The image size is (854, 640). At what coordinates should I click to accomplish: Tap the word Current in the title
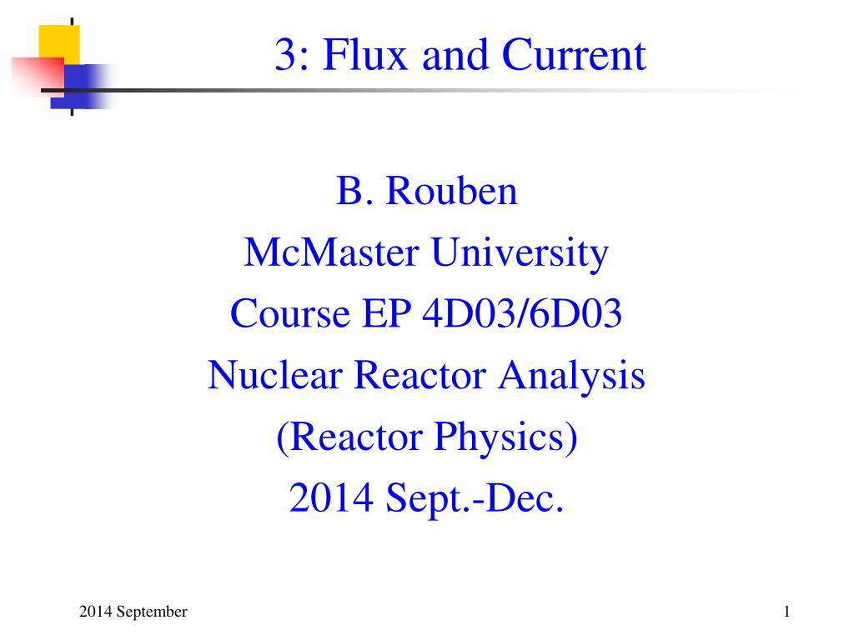coord(574,54)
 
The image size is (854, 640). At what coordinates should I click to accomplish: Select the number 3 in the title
coord(286,54)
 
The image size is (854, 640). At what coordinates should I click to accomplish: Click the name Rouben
coord(451,191)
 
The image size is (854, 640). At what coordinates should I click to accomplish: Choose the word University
coord(520,253)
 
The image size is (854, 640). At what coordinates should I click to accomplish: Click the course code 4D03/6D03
coord(522,313)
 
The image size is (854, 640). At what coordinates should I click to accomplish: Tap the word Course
coord(289,313)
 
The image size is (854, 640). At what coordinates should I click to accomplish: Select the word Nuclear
coord(274,375)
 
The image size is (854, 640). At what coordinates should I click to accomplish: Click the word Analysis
coord(571,376)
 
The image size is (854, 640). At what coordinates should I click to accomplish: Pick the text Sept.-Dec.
coord(475,498)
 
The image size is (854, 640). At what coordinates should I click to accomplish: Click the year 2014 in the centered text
coord(331,497)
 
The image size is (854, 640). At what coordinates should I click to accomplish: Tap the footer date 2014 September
coord(133,612)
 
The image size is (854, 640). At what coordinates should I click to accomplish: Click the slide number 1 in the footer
coord(786,612)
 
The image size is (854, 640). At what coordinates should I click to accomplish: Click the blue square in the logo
coord(82,87)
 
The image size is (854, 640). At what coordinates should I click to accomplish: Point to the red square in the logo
coord(38,76)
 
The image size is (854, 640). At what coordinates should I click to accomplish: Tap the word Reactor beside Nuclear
coord(419,375)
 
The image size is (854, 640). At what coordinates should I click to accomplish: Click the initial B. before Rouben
coord(354,191)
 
